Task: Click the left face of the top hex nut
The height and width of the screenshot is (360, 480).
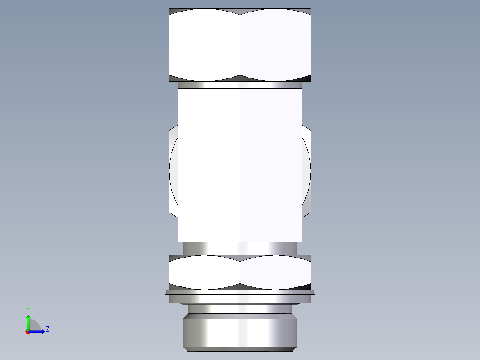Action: coord(204,45)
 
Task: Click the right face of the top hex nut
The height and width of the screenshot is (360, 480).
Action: coord(275,45)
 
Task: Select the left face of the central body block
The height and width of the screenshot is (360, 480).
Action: coord(208,165)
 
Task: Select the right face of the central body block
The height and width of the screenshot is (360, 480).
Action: coord(271,165)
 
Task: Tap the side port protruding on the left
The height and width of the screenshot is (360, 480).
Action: coord(173,172)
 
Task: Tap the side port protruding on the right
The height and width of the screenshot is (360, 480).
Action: coord(307,172)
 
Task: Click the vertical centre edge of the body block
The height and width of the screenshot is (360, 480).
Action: coord(240,165)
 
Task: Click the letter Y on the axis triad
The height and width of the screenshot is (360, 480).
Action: coord(28,309)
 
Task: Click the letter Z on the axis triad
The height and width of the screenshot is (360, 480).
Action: coord(47,329)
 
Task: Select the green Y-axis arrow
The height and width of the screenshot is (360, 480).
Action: coord(28,322)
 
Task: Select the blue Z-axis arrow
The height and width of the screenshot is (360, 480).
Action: coord(37,331)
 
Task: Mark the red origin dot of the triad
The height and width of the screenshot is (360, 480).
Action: coord(28,332)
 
